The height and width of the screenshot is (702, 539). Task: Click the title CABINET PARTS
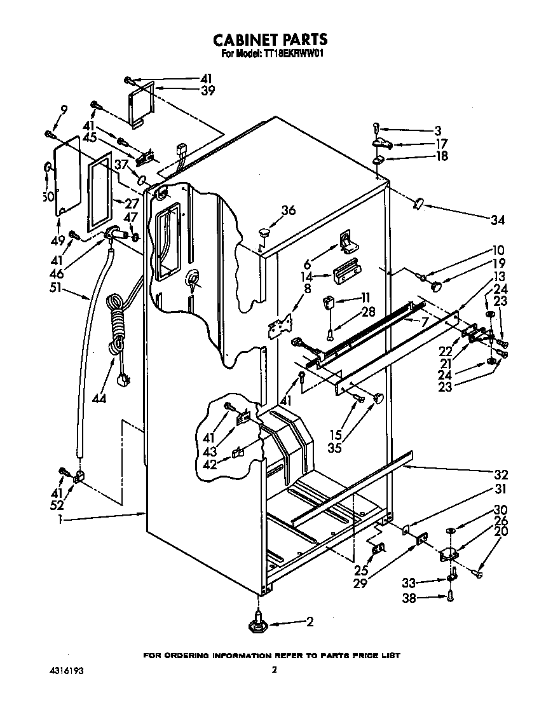coord(270,40)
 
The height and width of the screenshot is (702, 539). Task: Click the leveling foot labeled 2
coord(259,623)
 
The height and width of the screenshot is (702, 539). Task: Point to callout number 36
coord(288,210)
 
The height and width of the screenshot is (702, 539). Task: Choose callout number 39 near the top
coord(207,90)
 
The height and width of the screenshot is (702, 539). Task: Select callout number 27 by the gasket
coord(132,203)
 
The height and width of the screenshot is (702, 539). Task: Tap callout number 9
coord(63,109)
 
